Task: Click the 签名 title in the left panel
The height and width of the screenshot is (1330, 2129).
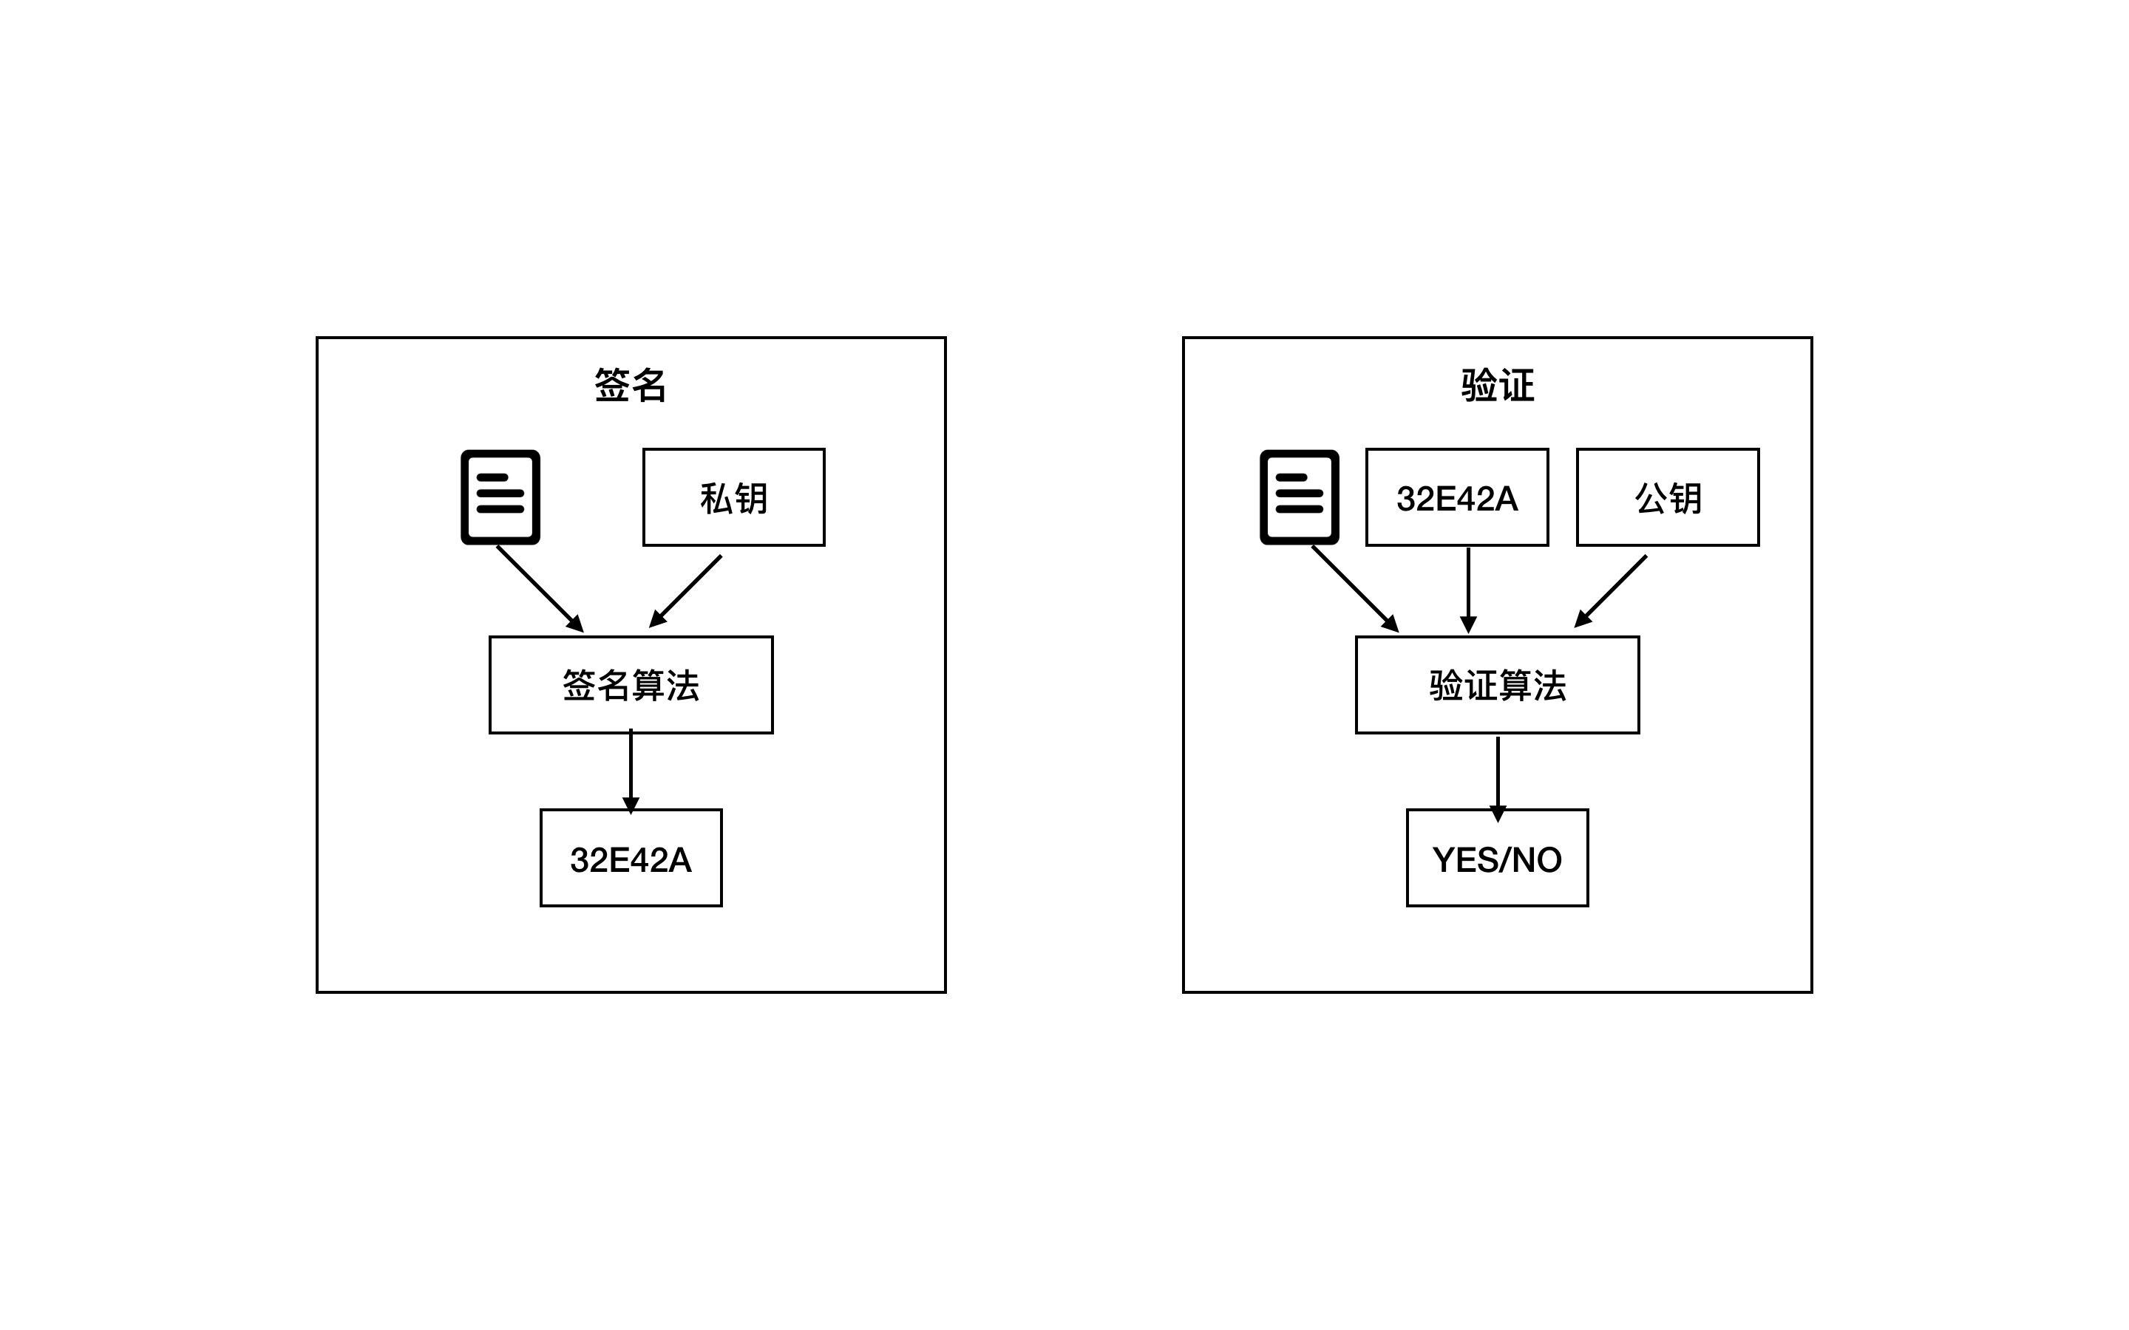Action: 630,385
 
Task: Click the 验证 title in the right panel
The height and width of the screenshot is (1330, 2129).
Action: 1498,385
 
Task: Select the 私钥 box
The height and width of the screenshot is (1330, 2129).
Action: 734,498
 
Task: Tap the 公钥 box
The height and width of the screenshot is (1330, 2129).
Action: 1667,498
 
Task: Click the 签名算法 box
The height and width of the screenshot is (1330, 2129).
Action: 631,685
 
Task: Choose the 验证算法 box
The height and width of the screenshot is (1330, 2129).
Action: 1498,685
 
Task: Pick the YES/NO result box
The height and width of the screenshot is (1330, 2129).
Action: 1498,859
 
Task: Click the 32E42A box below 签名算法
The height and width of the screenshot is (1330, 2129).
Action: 631,859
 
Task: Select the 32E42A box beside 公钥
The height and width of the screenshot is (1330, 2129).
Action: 1457,498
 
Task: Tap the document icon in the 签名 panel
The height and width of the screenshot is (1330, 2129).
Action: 500,497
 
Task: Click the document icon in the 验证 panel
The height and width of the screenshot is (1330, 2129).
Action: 1300,497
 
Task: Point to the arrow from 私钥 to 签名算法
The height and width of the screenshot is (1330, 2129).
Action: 685,591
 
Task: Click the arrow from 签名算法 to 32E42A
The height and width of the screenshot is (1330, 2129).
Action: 631,770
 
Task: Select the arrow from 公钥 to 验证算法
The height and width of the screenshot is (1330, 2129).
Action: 1610,591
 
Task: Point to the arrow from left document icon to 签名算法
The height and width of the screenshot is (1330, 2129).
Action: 540,588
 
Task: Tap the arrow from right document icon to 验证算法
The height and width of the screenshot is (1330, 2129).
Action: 1355,588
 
